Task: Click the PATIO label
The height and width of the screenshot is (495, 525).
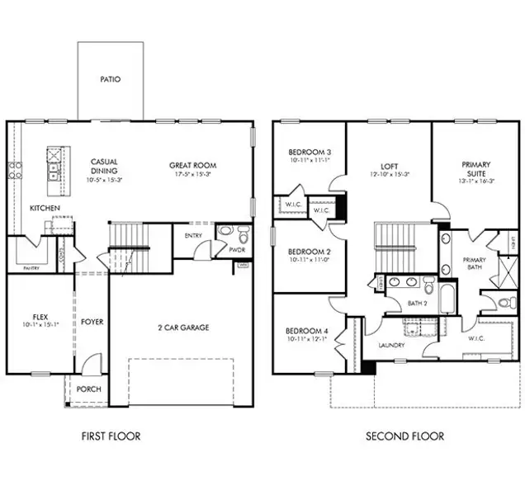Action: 111,80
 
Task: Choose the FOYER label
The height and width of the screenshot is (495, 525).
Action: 92,322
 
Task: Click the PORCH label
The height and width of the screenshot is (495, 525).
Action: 88,389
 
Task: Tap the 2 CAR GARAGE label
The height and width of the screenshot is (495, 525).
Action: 182,328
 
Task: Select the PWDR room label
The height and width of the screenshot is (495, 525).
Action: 237,247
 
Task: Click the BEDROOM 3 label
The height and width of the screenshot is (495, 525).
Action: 310,153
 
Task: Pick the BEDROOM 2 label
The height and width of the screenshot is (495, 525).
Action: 310,252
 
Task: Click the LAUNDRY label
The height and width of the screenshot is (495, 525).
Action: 391,345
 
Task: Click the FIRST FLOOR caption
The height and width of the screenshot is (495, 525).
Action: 111,436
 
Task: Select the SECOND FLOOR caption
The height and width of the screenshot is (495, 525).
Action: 404,436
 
